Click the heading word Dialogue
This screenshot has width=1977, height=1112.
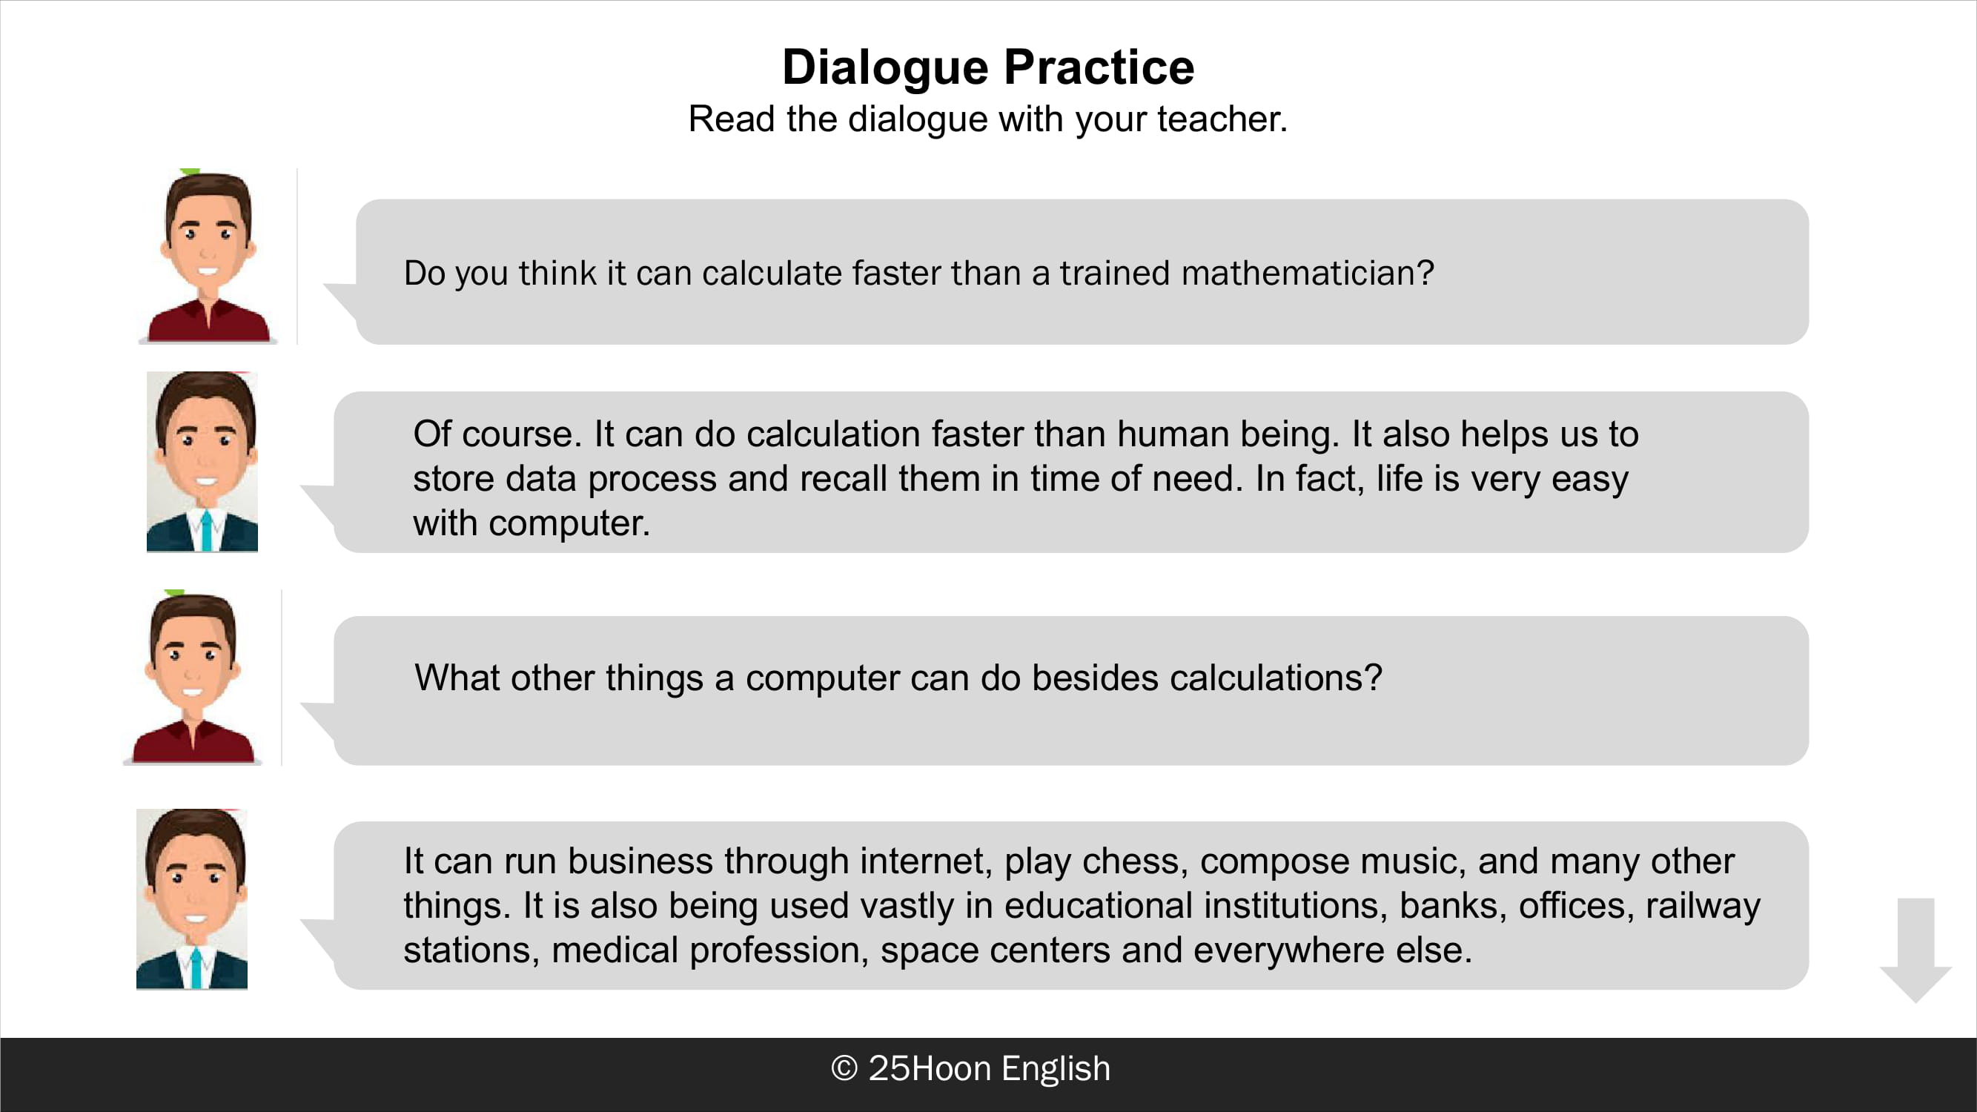(885, 68)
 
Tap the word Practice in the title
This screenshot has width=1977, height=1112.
(1099, 67)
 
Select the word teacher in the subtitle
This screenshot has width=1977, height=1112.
(1222, 119)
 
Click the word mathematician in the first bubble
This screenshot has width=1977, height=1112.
(1307, 274)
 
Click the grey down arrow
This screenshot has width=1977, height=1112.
(1915, 950)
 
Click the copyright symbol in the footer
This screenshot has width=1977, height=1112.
(844, 1068)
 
